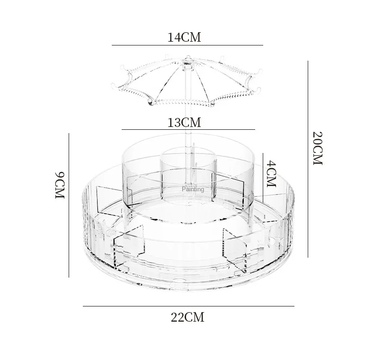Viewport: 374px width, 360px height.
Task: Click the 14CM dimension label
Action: (184, 37)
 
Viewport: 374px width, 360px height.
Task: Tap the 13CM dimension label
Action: (184, 122)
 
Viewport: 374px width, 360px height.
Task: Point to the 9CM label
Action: (59, 185)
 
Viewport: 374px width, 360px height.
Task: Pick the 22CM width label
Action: (187, 317)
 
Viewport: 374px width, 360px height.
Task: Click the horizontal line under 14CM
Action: (187, 45)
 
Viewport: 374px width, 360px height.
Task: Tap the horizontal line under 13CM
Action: (188, 129)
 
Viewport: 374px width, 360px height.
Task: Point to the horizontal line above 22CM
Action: (188, 306)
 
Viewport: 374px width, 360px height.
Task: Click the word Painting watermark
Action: (193, 189)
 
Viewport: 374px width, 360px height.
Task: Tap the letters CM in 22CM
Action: (195, 317)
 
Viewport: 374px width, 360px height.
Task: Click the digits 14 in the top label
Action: (173, 37)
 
